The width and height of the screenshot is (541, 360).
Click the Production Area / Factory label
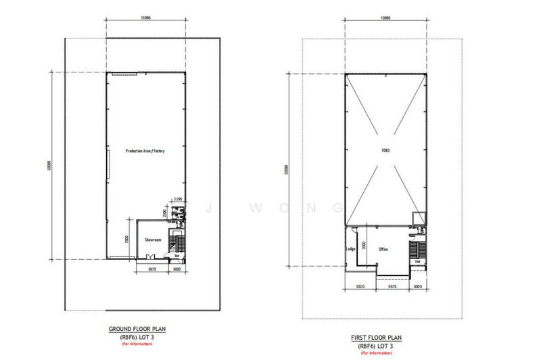(145, 151)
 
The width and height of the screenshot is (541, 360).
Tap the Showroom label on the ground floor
(153, 240)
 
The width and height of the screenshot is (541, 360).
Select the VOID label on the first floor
(385, 150)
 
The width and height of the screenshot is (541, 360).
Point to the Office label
(383, 249)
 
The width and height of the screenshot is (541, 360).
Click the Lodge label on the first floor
(350, 249)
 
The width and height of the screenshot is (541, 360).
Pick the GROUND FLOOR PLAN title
(137, 330)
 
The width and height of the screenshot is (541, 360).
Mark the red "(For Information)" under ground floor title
(137, 344)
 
